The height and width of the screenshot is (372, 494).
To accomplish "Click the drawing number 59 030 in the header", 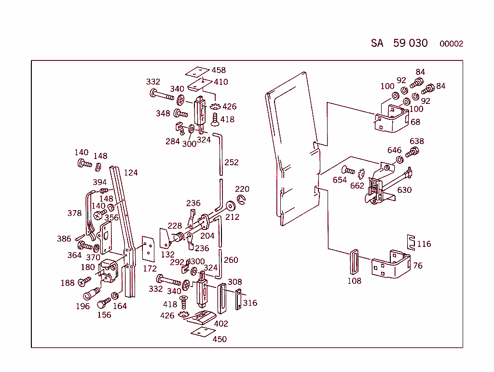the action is coord(410,43).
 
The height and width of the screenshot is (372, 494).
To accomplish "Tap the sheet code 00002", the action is coord(451,44).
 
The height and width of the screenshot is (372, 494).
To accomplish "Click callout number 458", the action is coord(219,70).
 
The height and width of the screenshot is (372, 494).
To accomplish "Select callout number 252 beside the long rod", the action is coord(232,162).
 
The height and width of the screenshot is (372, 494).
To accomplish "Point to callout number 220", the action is coord(242,189).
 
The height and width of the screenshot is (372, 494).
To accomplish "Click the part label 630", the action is coord(405,190).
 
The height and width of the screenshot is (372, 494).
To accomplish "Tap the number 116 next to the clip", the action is coord(424,244).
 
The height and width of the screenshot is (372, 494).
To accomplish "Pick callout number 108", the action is coord(355,281).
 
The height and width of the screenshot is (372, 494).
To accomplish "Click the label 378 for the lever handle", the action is coord(74,213).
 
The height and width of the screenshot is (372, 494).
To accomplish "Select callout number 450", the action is coord(220,339).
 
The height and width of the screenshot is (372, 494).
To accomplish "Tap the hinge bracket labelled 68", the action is coord(392,119).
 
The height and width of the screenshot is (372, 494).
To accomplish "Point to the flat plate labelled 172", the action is coord(148,249).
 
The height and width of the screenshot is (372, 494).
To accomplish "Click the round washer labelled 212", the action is coord(231,206).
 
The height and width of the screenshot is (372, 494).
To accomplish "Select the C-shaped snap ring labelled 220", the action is coord(242,200).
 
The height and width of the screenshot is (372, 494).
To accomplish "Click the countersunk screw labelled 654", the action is coord(348,171).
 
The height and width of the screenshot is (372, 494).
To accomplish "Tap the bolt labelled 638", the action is coord(412,152).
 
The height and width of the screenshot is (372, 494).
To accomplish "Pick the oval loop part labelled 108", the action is coord(355,262).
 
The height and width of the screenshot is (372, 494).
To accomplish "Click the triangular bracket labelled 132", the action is coord(165,239).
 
